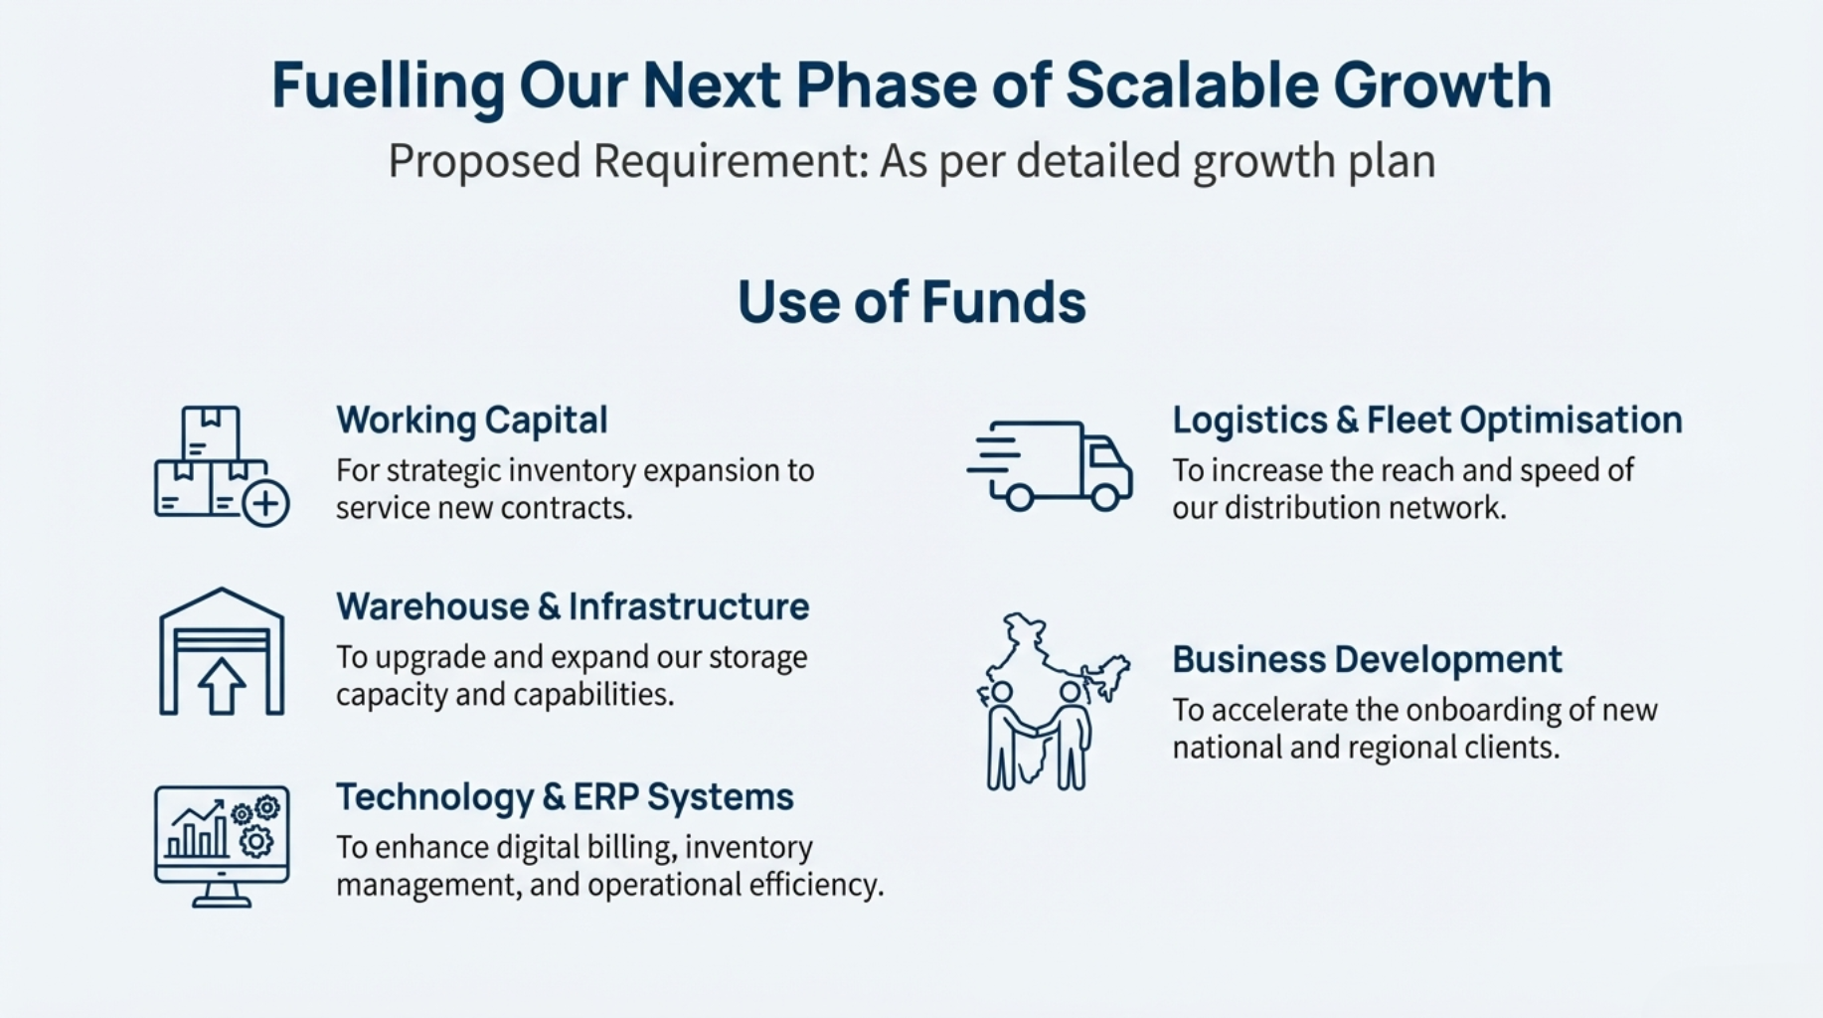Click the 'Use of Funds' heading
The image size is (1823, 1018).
coord(911,302)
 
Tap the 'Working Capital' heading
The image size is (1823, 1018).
coord(472,421)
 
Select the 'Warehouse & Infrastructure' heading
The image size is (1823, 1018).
coord(573,606)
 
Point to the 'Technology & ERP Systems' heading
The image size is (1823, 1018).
coord(565,797)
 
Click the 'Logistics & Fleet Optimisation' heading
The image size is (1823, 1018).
coord(1427,421)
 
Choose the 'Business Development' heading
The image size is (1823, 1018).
coord(1367,659)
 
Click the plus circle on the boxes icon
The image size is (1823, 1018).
coord(265,503)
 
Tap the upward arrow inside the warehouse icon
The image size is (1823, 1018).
coord(222,686)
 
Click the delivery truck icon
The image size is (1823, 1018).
coord(1050,465)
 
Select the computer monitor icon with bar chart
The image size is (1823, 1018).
coord(222,846)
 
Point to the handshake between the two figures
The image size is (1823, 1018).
coord(1038,730)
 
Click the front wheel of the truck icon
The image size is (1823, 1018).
coord(1105,496)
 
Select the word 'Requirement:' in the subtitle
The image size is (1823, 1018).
coord(731,161)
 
